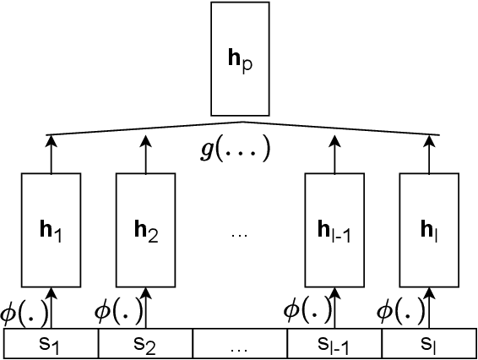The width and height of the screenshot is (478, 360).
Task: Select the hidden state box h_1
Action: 51,229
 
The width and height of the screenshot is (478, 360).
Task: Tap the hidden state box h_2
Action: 144,229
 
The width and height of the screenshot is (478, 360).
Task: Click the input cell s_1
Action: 52,343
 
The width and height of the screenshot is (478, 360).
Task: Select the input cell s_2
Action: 145,343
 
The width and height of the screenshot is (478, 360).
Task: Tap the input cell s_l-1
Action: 334,343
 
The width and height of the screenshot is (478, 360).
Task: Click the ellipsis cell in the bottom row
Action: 240,343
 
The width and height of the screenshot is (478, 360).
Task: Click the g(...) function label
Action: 239,150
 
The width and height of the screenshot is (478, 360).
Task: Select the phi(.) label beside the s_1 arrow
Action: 24,310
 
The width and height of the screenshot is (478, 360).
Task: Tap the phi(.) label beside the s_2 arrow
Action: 118,310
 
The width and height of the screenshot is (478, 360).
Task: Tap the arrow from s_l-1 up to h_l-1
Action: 334,308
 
